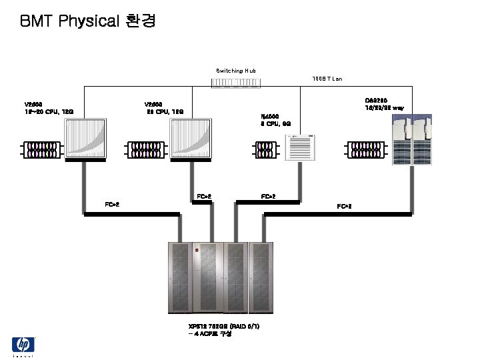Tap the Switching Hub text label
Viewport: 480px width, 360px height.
tap(236, 70)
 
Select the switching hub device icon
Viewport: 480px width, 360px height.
tap(236, 83)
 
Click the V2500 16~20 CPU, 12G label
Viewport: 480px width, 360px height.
tap(49, 109)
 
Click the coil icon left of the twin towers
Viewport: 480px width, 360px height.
tap(368, 149)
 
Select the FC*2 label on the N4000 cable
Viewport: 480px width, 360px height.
tap(269, 197)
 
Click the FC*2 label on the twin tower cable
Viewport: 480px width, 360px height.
tap(345, 207)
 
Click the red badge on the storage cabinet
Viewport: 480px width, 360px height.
tap(197, 249)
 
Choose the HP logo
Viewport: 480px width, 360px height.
tap(23, 345)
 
